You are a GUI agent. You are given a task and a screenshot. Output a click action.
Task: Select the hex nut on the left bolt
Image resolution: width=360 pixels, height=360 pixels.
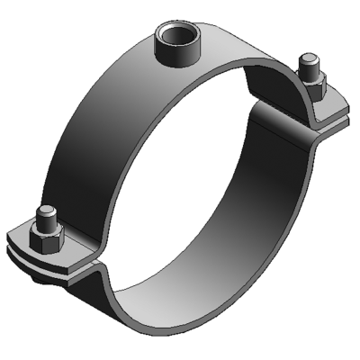click(x=48, y=238)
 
